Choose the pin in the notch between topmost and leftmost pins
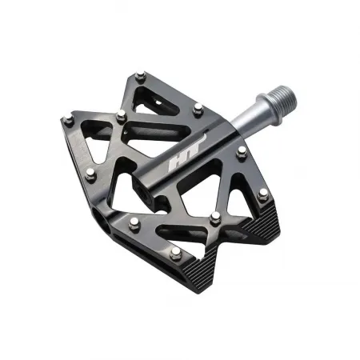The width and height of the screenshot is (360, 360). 122,117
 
